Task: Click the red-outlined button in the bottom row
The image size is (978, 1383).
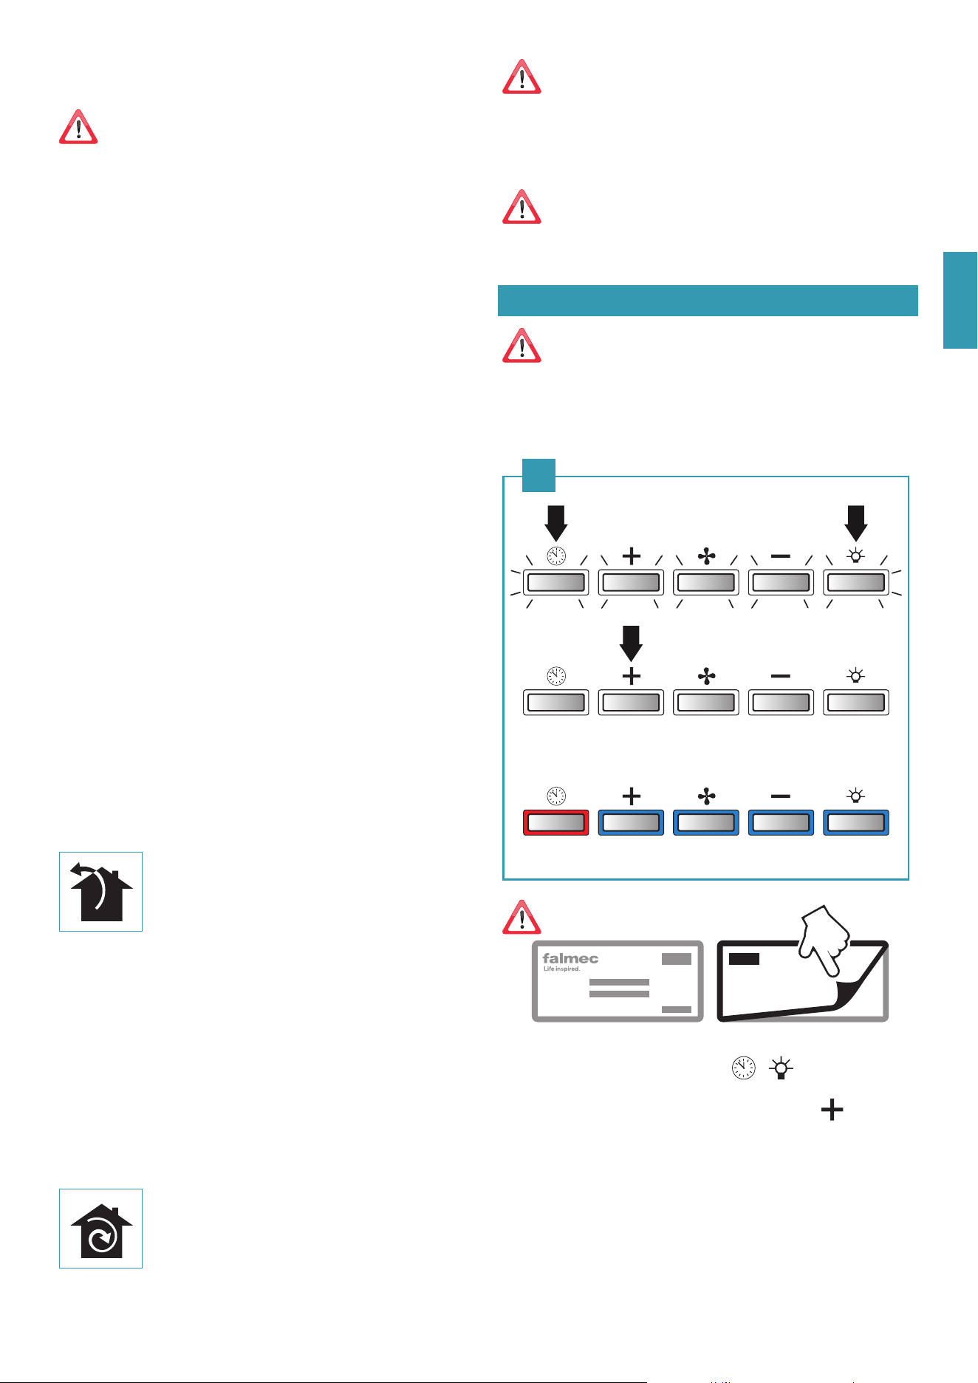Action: click(x=555, y=822)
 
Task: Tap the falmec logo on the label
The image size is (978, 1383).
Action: click(x=570, y=958)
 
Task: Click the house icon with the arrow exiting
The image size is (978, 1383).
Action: click(x=101, y=892)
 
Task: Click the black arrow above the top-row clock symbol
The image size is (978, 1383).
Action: click(x=556, y=523)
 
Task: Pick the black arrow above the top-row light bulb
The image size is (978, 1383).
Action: click(x=856, y=523)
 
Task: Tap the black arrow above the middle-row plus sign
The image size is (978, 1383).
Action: click(x=632, y=643)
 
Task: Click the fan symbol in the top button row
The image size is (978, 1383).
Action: click(x=707, y=556)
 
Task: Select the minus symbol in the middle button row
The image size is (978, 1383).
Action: click(x=781, y=676)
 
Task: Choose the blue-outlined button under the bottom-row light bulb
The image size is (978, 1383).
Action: click(x=856, y=822)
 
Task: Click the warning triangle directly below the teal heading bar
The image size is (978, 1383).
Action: click(x=522, y=346)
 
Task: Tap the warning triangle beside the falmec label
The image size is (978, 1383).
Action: click(x=522, y=918)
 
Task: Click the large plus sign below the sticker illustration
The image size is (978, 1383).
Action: click(x=832, y=1110)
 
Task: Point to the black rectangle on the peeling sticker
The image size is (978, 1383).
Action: click(x=744, y=959)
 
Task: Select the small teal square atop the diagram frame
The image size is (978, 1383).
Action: click(x=538, y=475)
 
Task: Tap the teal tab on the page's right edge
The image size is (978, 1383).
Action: click(x=960, y=299)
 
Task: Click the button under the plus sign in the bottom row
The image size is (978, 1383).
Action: click(x=632, y=822)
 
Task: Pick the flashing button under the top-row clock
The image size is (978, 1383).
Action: click(x=555, y=582)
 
